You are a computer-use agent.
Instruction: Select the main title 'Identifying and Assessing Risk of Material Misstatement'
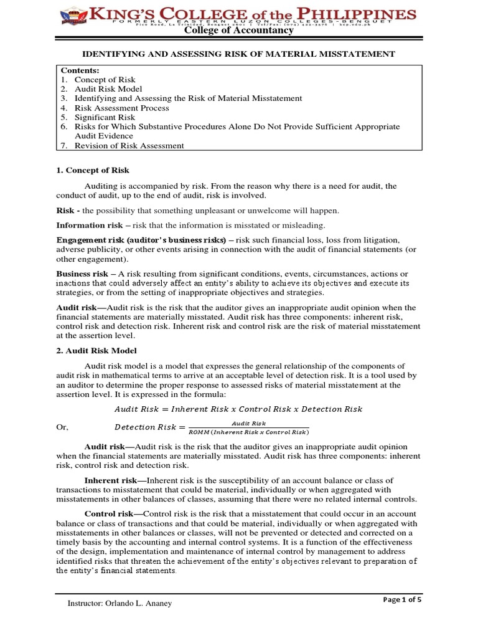pos(239,54)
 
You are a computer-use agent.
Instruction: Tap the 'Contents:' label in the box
pos(79,71)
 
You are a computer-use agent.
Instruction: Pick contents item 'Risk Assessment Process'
pos(121,108)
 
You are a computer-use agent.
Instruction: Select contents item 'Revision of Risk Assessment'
pos(129,145)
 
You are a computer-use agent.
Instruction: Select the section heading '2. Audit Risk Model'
pos(96,351)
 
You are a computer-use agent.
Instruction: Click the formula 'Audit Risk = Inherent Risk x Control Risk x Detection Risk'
pos(238,409)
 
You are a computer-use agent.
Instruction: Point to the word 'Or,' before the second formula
pos(62,427)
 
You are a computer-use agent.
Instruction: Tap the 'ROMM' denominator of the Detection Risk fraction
pos(248,432)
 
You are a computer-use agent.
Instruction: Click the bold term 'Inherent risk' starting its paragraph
pos(110,480)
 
